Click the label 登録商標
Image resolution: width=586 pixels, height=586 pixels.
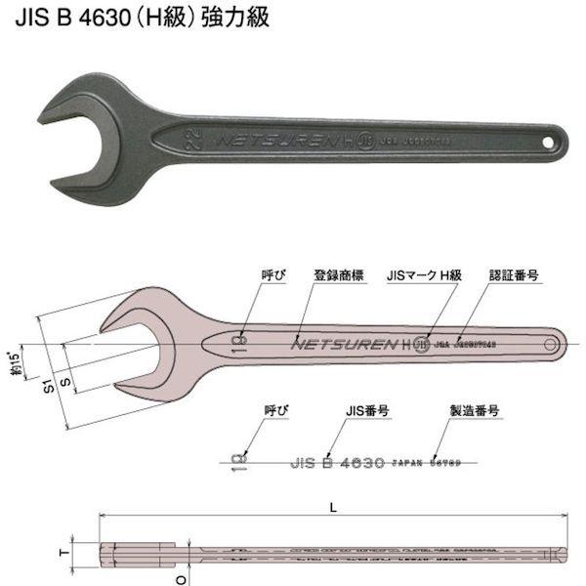[x=338, y=276]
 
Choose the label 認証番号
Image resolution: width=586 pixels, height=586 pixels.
[x=513, y=276]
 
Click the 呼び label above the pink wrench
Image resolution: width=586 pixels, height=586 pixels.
[x=256, y=276]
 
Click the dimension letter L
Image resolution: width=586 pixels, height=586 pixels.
[x=334, y=506]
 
